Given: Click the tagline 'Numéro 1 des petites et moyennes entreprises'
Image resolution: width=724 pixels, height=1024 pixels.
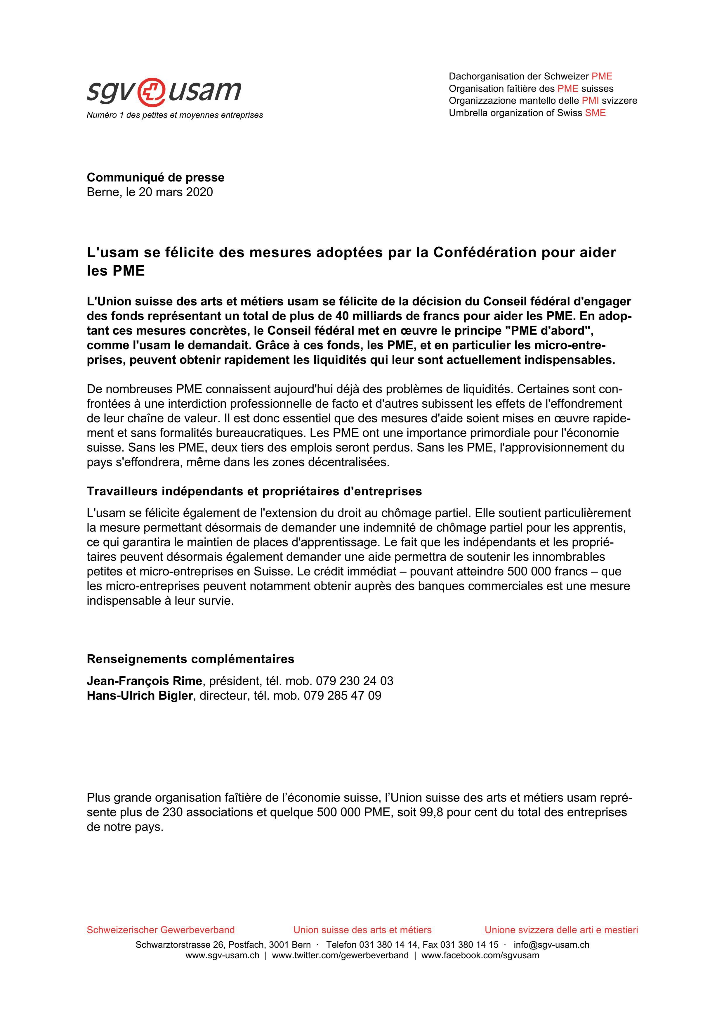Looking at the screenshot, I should pos(175,115).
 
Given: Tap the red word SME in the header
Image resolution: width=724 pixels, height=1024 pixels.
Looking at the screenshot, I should pos(595,113).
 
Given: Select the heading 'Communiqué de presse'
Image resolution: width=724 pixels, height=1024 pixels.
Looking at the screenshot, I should pos(156,177).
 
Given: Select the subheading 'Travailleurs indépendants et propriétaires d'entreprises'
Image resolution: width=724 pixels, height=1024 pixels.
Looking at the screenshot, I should pos(254,492).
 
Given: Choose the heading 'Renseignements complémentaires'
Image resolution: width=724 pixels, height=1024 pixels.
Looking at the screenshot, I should pos(190,659).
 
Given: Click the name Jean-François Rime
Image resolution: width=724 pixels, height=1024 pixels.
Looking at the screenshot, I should pos(145,681).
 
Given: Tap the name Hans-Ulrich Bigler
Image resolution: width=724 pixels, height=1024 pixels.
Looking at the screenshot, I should pos(140,696).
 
